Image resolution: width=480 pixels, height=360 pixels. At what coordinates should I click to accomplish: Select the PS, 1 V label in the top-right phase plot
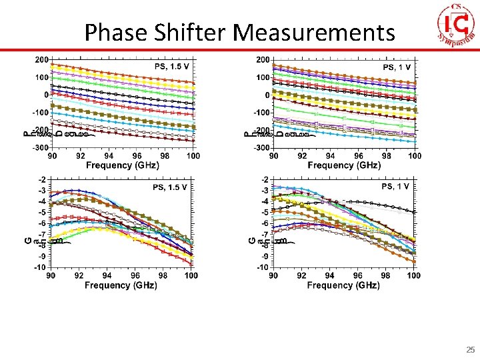click(397, 67)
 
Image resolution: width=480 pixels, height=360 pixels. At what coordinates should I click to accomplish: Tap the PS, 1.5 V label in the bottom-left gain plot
click(170, 187)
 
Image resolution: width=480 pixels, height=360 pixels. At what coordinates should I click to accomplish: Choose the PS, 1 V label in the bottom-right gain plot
click(396, 187)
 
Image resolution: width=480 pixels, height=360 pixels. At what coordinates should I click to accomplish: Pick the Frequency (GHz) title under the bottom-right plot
click(343, 285)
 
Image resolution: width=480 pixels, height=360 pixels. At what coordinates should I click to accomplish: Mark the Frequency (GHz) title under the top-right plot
click(344, 165)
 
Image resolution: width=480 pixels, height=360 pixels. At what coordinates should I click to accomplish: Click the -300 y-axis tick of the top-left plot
click(41, 147)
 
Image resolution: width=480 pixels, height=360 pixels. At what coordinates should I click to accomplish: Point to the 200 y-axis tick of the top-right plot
click(263, 60)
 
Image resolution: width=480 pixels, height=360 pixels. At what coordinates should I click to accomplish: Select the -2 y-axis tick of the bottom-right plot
click(265, 180)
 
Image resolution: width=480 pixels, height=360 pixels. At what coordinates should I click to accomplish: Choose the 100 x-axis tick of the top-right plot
click(415, 156)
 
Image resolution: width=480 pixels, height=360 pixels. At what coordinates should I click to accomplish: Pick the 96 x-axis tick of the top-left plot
click(136, 156)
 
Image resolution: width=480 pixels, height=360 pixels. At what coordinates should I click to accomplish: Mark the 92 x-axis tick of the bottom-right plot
click(301, 275)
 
